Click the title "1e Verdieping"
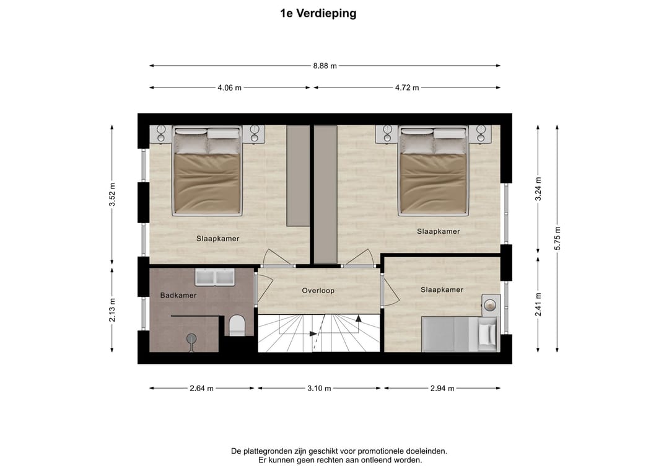click(x=318, y=13)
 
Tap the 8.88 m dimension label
click(x=325, y=66)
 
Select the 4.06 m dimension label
click(x=229, y=87)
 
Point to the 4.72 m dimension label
click(x=406, y=87)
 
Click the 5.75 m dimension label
click(x=557, y=237)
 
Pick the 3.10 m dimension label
click(x=320, y=388)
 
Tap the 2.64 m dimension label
click(x=202, y=388)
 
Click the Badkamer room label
click(x=178, y=295)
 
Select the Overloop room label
click(x=318, y=290)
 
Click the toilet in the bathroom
click(x=237, y=325)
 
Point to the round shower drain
click(x=191, y=338)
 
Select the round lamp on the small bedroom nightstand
click(x=491, y=305)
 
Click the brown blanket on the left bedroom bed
click(x=207, y=184)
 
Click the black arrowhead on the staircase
click(x=359, y=320)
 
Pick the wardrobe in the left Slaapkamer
click(x=297, y=176)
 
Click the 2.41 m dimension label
click(x=539, y=304)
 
